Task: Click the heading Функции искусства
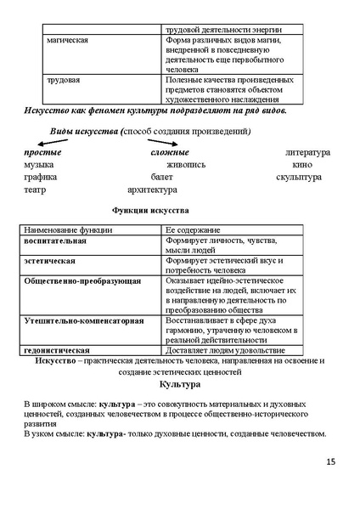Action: click(150, 210)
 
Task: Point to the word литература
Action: click(307, 152)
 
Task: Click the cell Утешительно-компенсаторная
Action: click(84, 321)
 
